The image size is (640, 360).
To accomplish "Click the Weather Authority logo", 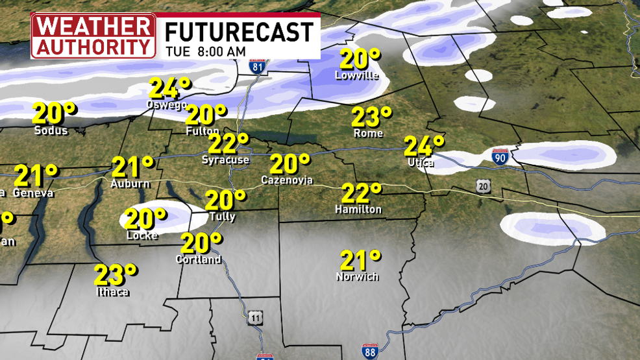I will pos(93,36).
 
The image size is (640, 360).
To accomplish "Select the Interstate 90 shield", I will pos(498,157).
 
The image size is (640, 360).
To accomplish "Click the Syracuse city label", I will pos(225,160).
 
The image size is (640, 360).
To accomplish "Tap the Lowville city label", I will pos(356,75).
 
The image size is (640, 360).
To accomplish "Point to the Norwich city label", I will pos(357,277).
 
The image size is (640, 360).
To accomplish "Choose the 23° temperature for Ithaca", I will pos(116,275).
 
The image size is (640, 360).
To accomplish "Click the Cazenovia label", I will pos(287,179).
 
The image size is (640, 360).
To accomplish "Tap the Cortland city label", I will pos(199,259).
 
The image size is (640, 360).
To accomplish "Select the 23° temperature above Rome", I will pos(372,117).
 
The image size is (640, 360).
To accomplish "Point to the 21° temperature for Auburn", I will pos(133,167).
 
